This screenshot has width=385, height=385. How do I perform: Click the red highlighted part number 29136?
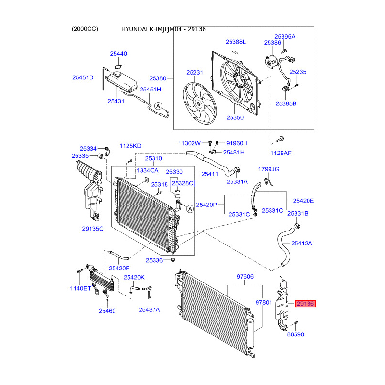(305, 304)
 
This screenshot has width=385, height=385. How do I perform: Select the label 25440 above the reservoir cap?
(118, 54)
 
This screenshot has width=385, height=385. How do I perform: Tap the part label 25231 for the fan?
(195, 73)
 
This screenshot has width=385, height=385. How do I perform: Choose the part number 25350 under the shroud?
(235, 117)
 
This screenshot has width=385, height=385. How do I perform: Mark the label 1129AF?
(281, 153)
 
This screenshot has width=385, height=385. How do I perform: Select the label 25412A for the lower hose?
(302, 243)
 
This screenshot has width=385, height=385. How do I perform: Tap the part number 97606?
(245, 277)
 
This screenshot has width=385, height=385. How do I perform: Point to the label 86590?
(295, 334)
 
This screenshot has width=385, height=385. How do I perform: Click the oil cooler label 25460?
(107, 311)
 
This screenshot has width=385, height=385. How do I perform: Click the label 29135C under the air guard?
(92, 229)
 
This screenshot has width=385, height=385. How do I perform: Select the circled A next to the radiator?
(190, 209)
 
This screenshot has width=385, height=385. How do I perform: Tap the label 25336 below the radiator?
(154, 260)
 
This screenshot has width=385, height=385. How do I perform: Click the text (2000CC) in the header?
(85, 29)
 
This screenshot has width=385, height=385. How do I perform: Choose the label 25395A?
(285, 36)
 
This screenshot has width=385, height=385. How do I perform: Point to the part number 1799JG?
(269, 169)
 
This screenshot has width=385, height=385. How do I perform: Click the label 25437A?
(149, 309)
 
